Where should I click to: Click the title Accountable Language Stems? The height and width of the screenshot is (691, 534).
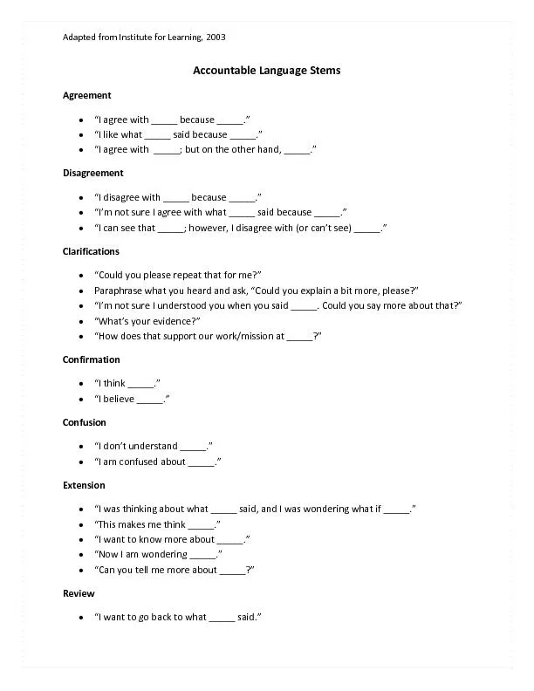tap(266, 70)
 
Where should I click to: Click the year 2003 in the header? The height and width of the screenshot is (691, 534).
tap(216, 37)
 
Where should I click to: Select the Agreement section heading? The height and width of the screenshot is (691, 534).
tap(86, 95)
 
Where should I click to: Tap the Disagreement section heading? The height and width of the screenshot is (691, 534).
tap(92, 173)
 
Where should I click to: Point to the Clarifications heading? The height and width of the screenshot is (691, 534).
tap(91, 251)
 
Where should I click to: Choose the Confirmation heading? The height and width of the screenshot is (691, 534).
tap(91, 359)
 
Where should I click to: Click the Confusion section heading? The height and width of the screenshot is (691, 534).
tap(84, 422)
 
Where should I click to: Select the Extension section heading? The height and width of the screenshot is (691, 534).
tap(84, 485)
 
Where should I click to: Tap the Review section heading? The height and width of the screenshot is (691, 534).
tap(78, 593)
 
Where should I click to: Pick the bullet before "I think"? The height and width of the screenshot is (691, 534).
tap(81, 384)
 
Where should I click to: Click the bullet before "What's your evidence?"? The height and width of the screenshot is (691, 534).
tap(81, 321)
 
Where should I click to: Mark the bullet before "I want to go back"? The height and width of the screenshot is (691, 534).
tap(81, 618)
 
